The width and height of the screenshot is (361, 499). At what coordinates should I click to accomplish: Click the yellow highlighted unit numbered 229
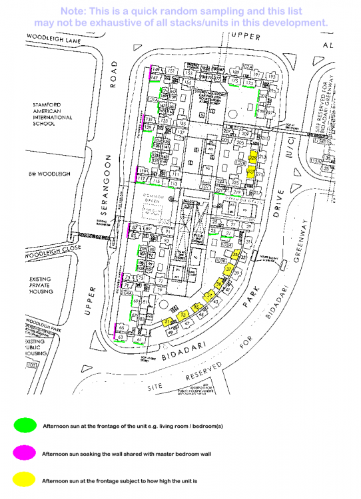tap(252, 159)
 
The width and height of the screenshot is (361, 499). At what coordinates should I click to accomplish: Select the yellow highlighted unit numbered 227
tap(252, 171)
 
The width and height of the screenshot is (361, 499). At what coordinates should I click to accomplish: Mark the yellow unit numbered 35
tap(236, 255)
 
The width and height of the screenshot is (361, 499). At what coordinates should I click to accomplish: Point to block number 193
tap(272, 76)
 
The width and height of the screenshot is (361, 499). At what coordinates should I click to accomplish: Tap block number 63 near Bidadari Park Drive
tap(121, 339)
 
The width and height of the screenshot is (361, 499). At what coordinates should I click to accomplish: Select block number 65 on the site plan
tap(123, 327)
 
